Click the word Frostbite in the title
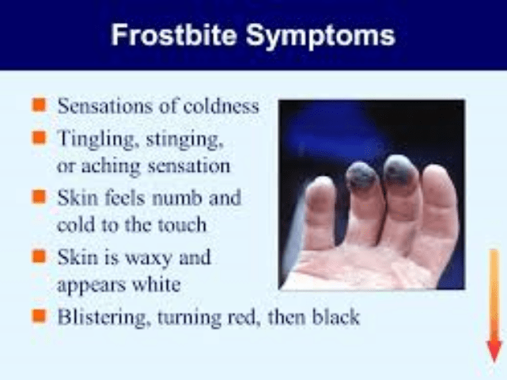tap(174, 35)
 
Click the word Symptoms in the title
tap(320, 36)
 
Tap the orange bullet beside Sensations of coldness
tap(39, 105)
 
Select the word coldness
tap(221, 106)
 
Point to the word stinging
tap(184, 140)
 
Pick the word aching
tap(111, 165)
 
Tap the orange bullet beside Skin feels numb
tap(39, 197)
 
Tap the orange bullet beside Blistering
tap(39, 316)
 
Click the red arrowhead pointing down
tap(494, 351)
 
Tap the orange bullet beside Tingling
tap(39, 137)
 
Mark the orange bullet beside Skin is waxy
tap(39, 256)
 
